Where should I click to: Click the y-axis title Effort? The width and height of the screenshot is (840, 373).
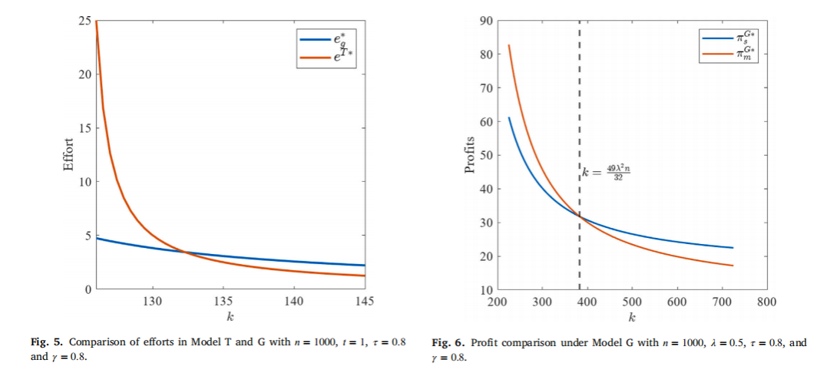(x=69, y=155)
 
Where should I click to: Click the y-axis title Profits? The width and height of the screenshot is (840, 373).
(x=470, y=155)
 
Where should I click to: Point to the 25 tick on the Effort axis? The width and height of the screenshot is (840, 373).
(x=84, y=21)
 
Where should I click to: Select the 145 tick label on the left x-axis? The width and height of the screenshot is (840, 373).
(x=364, y=302)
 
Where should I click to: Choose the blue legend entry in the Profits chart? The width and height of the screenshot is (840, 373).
(x=727, y=38)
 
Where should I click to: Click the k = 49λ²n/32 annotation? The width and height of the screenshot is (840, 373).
(x=605, y=173)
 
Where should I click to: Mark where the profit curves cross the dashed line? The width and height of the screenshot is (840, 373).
(x=580, y=216)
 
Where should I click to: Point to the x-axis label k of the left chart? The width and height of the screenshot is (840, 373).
(x=230, y=317)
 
